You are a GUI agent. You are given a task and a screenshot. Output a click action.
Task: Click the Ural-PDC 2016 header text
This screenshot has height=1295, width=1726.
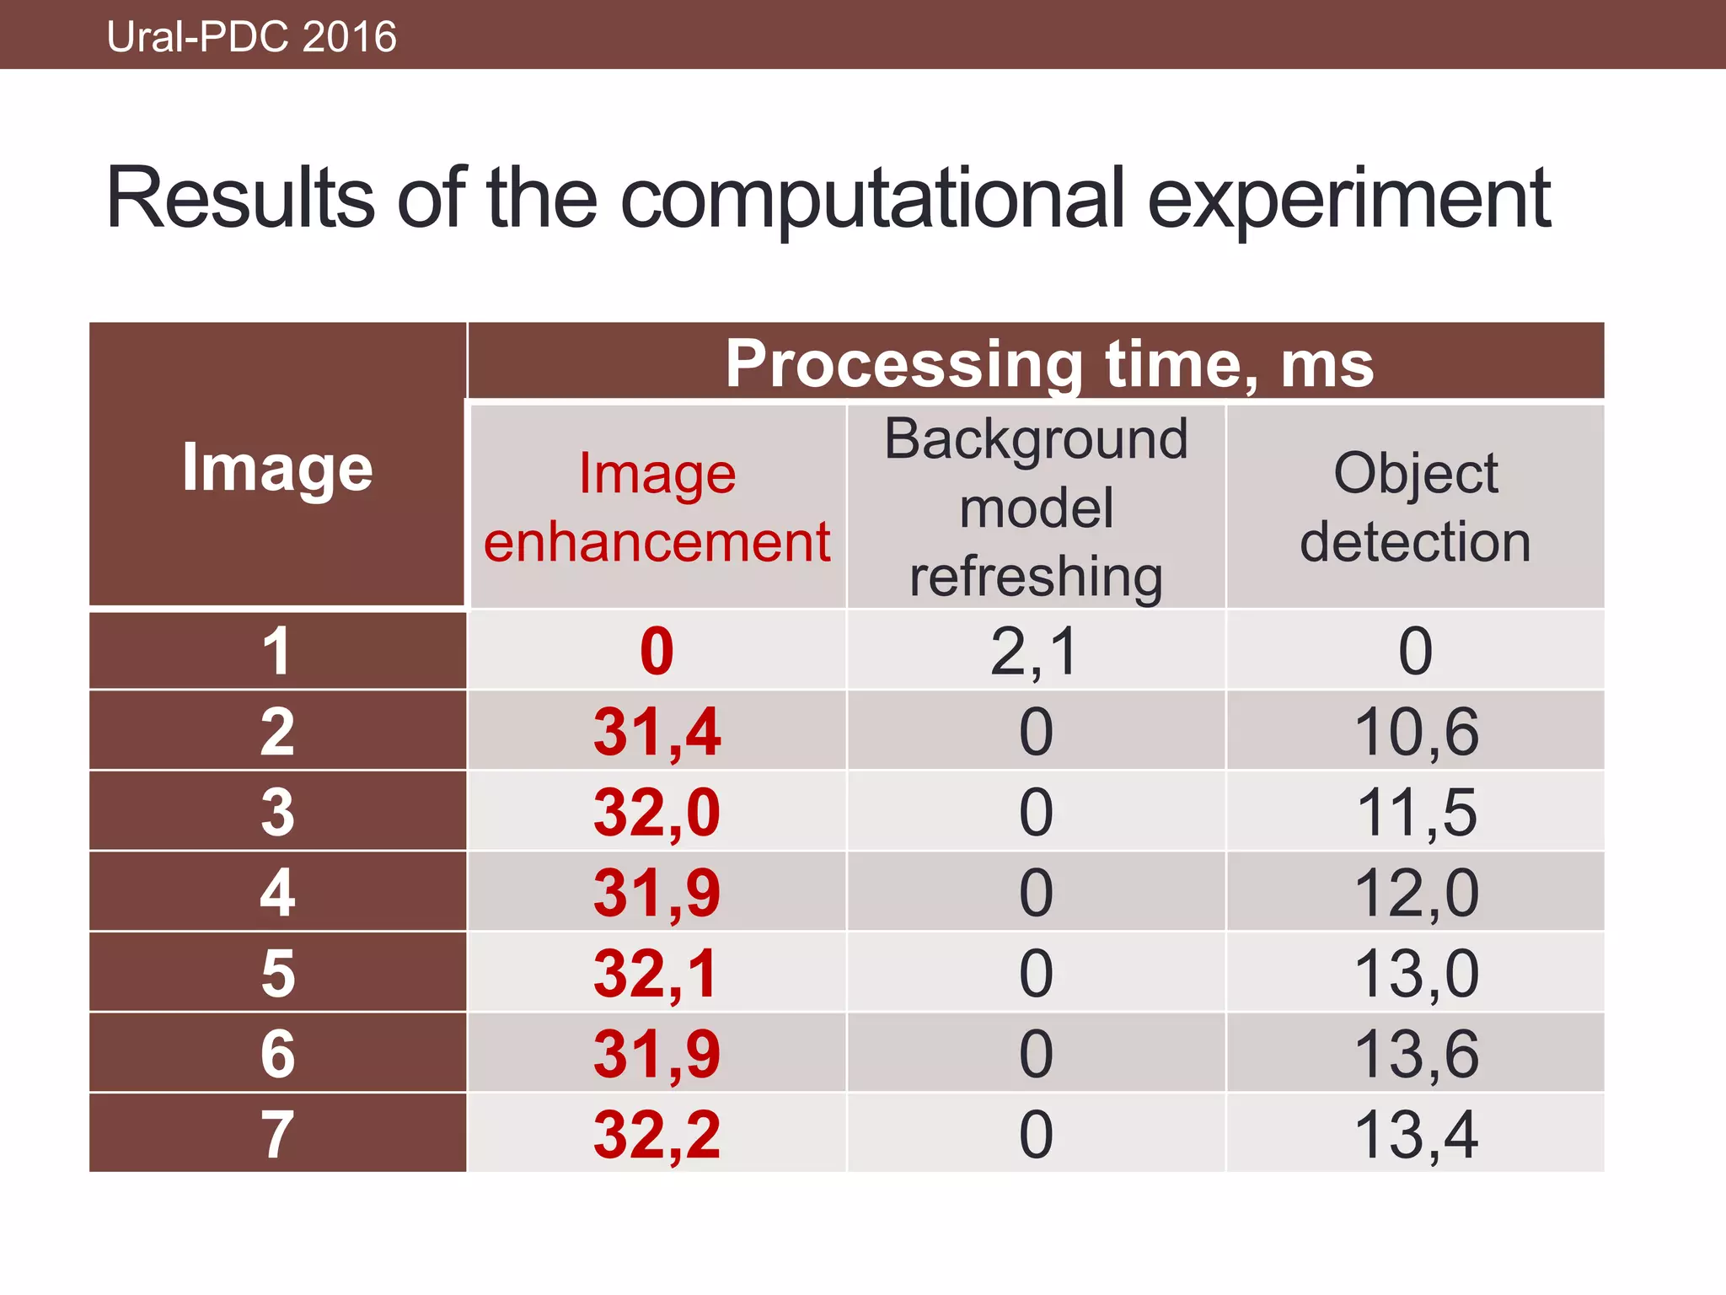251,37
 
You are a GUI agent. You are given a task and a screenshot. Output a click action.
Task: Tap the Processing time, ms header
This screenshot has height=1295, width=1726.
1049,363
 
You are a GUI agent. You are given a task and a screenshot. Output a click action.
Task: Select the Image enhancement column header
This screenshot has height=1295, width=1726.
657,507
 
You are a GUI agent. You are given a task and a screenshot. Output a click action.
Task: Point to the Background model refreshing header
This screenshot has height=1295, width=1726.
1036,507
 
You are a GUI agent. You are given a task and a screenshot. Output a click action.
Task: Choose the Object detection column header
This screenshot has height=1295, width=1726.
1415,507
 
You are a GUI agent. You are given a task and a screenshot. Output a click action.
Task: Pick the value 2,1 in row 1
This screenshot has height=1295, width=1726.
1035,651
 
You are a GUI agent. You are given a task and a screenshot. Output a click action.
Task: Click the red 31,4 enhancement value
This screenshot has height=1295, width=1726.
657,732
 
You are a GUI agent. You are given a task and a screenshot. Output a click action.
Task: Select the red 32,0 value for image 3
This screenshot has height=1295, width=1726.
657,812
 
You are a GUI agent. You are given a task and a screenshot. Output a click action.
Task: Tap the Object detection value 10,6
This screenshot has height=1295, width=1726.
1416,732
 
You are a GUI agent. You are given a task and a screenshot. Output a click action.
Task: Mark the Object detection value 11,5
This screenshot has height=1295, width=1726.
1416,812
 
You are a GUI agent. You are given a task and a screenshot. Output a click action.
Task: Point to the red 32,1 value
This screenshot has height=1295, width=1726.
657,973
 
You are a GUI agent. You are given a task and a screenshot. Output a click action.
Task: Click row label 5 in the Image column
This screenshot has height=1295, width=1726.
277,973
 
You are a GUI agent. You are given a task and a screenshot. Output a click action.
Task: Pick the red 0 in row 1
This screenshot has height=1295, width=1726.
657,651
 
